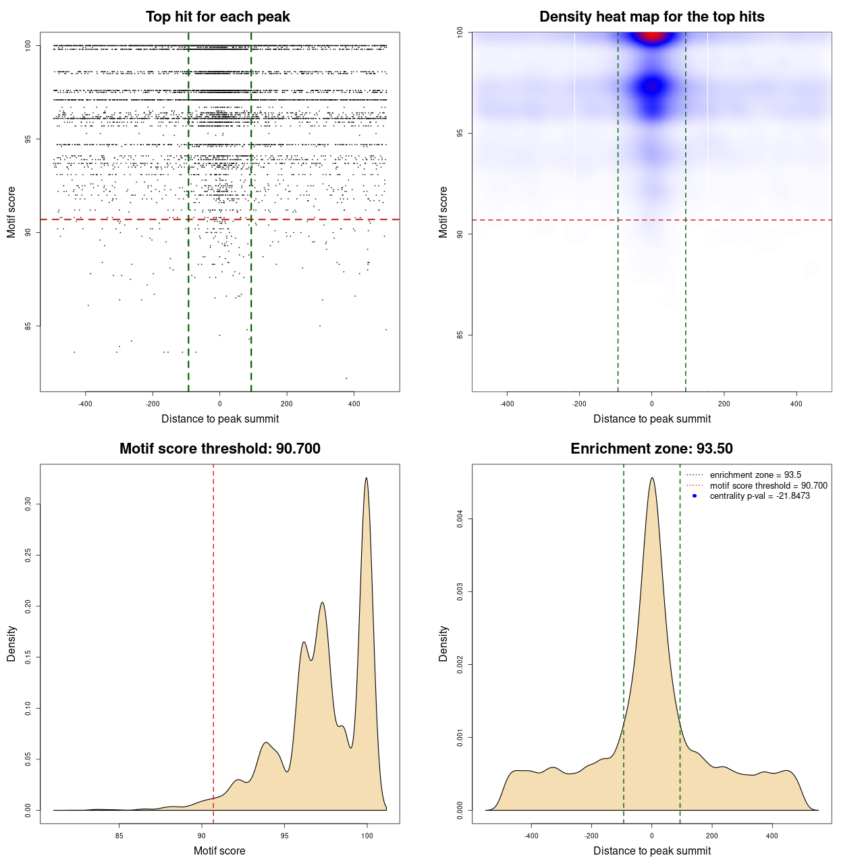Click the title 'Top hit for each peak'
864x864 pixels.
point(217,17)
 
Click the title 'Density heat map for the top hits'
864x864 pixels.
point(651,17)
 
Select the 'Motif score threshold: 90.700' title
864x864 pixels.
point(219,449)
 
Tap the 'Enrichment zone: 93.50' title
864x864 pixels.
point(651,449)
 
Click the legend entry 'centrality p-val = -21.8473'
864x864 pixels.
point(759,496)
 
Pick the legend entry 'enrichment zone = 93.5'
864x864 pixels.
point(755,475)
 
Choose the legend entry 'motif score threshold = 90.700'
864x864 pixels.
point(768,486)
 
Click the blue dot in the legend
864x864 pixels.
point(695,496)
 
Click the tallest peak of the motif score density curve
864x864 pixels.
point(367,478)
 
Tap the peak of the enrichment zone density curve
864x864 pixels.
point(651,478)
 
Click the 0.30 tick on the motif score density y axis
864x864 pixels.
point(28,504)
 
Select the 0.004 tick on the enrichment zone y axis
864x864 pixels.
point(460,519)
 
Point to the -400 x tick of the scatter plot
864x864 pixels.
point(85,404)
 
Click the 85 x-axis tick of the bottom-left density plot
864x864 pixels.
point(119,836)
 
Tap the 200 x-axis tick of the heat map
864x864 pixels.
point(724,404)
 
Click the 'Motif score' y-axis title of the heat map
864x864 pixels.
point(443,212)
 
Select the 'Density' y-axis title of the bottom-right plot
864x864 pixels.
point(443,644)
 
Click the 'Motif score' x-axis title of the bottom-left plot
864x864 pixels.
point(219,850)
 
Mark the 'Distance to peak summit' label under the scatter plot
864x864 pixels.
point(220,418)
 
